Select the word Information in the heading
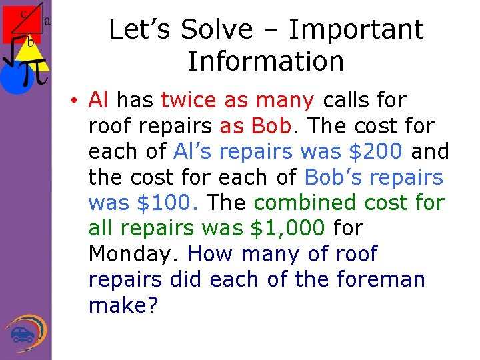[x=265, y=61]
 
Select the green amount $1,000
[x=287, y=229]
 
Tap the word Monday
[x=133, y=254]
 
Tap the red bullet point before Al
[x=78, y=101]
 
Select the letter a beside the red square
[x=47, y=21]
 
